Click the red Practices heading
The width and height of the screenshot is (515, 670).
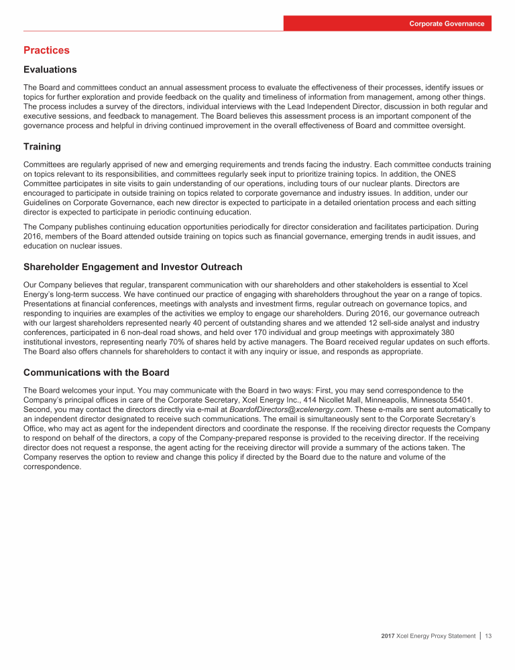pyautogui.click(x=46, y=50)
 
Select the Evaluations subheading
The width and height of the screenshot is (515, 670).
pyautogui.click(x=50, y=70)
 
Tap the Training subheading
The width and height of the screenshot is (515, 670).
pyautogui.click(x=42, y=146)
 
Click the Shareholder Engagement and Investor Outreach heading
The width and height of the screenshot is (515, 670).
pyautogui.click(x=133, y=267)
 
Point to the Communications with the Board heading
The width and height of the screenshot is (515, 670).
pyautogui.click(x=96, y=372)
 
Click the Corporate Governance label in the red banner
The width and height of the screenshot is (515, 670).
pyautogui.click(x=447, y=23)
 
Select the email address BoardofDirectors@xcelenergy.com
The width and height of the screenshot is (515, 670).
pyautogui.click(x=290, y=408)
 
